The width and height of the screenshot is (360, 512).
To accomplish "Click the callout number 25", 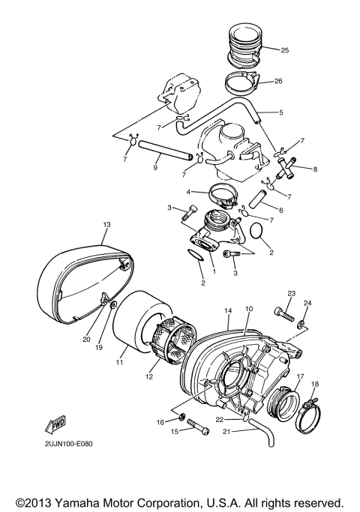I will (284, 50).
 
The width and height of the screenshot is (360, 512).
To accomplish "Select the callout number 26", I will (279, 81).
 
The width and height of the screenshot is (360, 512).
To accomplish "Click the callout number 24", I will (307, 303).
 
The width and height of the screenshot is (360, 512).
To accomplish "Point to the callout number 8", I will (315, 169).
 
